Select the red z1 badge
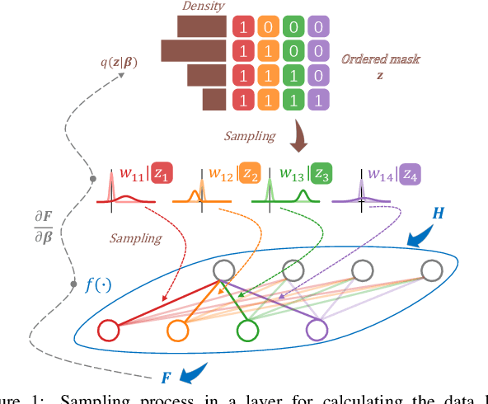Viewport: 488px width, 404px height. tap(163, 175)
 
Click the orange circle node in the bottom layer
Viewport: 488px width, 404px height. tap(178, 331)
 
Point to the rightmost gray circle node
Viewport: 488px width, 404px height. tap(432, 270)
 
